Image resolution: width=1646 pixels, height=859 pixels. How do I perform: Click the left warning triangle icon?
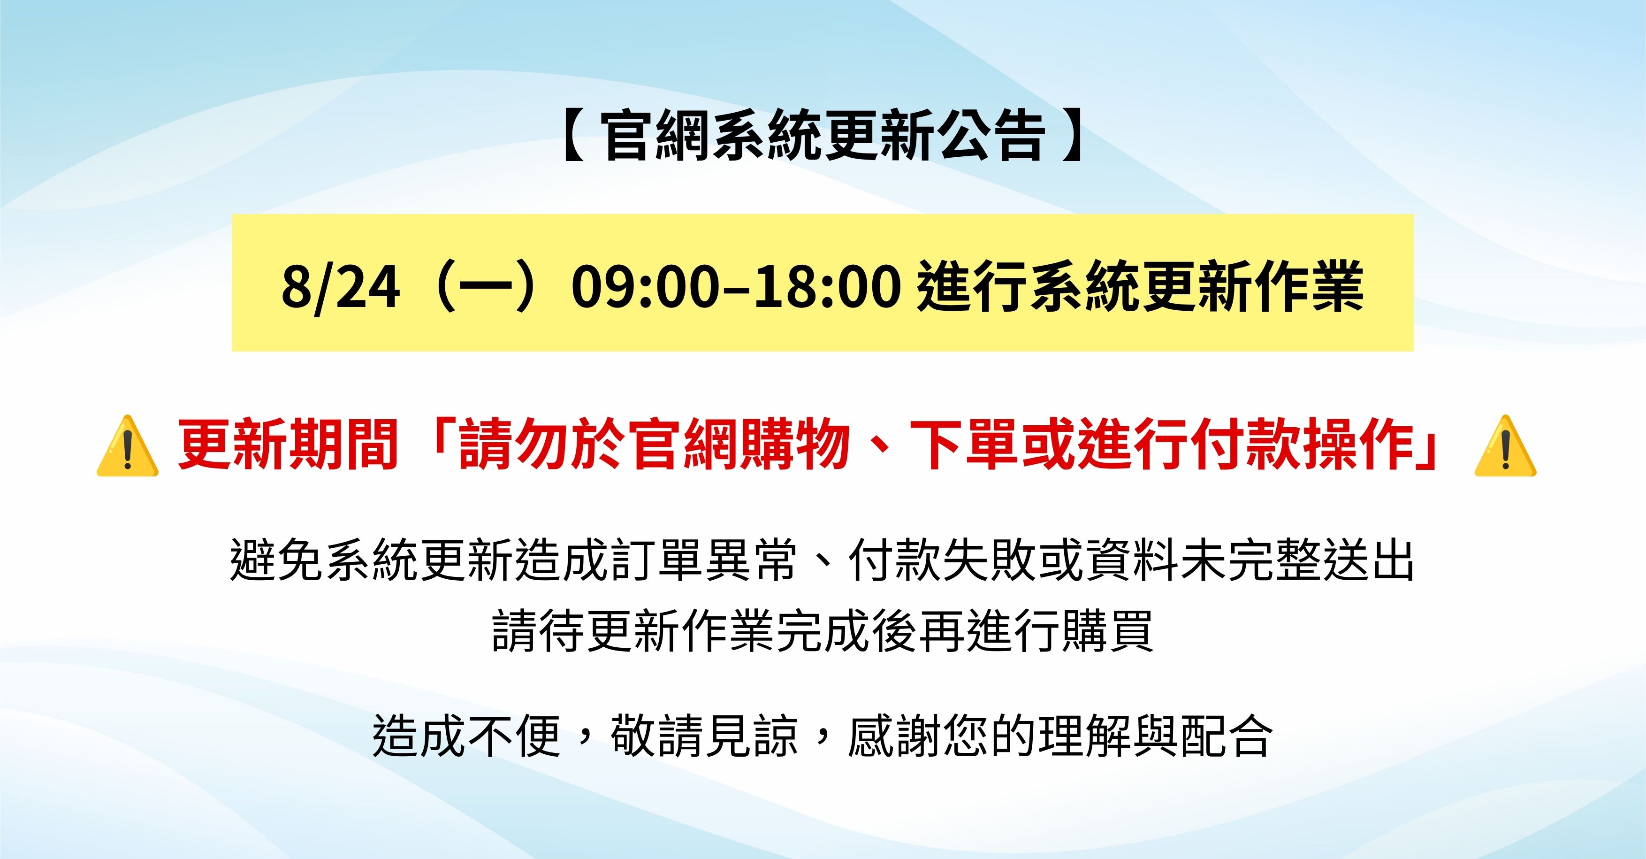(x=127, y=446)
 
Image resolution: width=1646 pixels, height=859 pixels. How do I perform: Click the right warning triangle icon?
(x=1505, y=446)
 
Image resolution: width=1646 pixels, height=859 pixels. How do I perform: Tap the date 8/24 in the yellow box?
(x=341, y=288)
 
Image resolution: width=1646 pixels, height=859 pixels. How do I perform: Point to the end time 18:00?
(x=828, y=288)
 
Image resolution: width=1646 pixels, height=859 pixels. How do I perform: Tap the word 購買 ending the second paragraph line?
(x=1107, y=631)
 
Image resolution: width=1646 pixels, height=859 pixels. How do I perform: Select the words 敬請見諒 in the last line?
(x=704, y=736)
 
